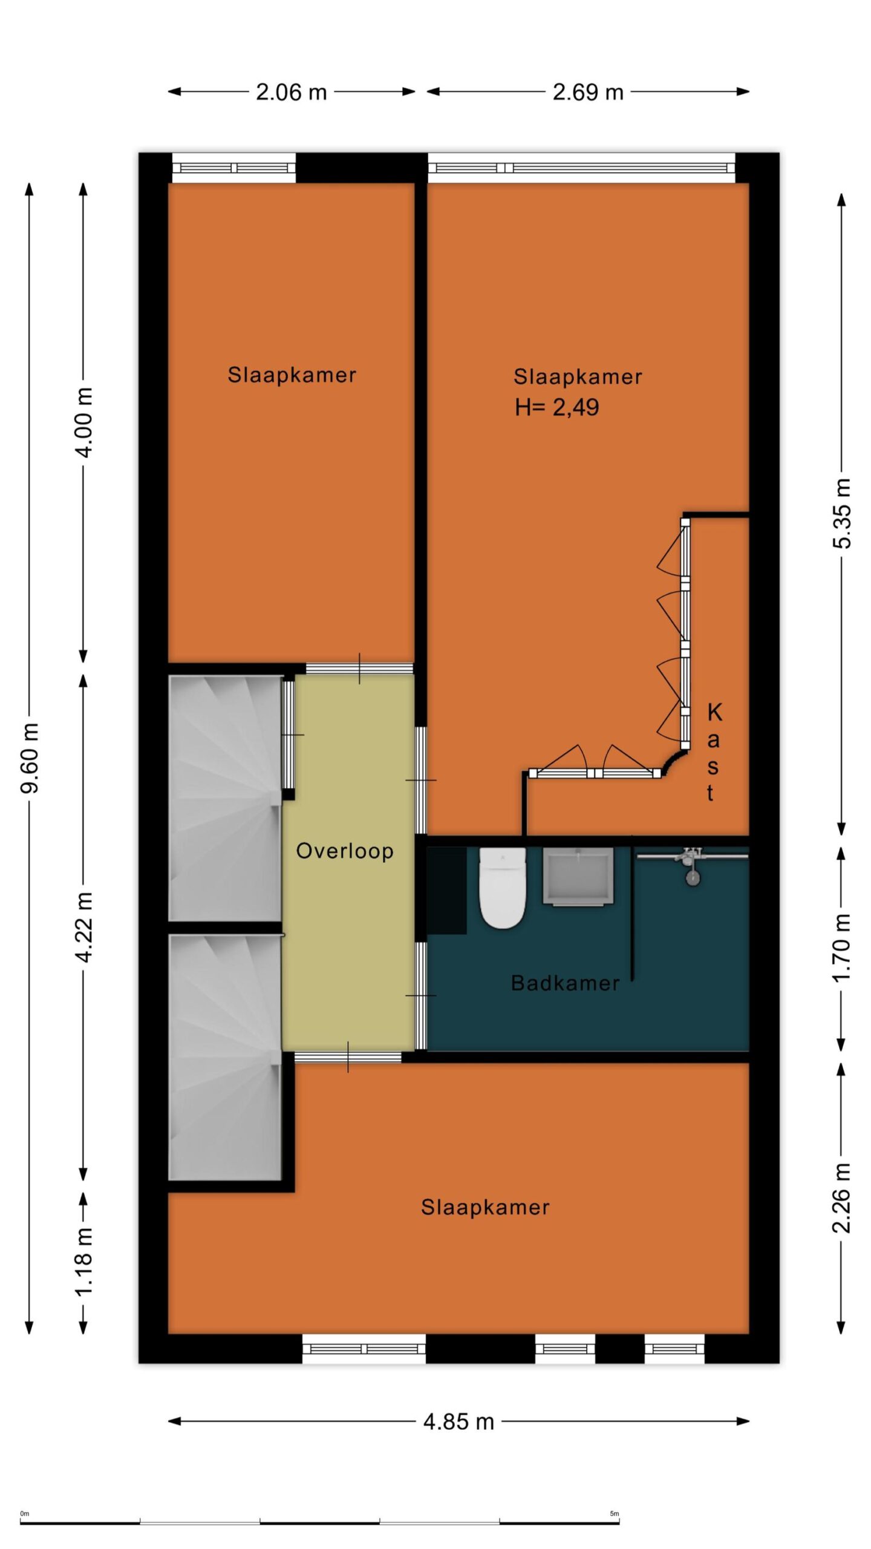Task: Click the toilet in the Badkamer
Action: [502, 887]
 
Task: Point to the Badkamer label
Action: [566, 983]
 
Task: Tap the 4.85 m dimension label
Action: [459, 1421]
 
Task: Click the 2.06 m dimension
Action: [292, 92]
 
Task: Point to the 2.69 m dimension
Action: [588, 92]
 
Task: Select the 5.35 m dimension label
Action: [841, 513]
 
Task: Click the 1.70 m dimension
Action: [841, 948]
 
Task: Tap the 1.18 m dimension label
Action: [84, 1261]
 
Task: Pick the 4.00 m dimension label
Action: [84, 422]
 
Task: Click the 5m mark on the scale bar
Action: [615, 1509]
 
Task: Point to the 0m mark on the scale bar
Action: [25, 1509]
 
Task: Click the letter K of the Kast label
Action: [714, 712]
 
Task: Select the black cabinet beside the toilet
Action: [446, 891]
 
